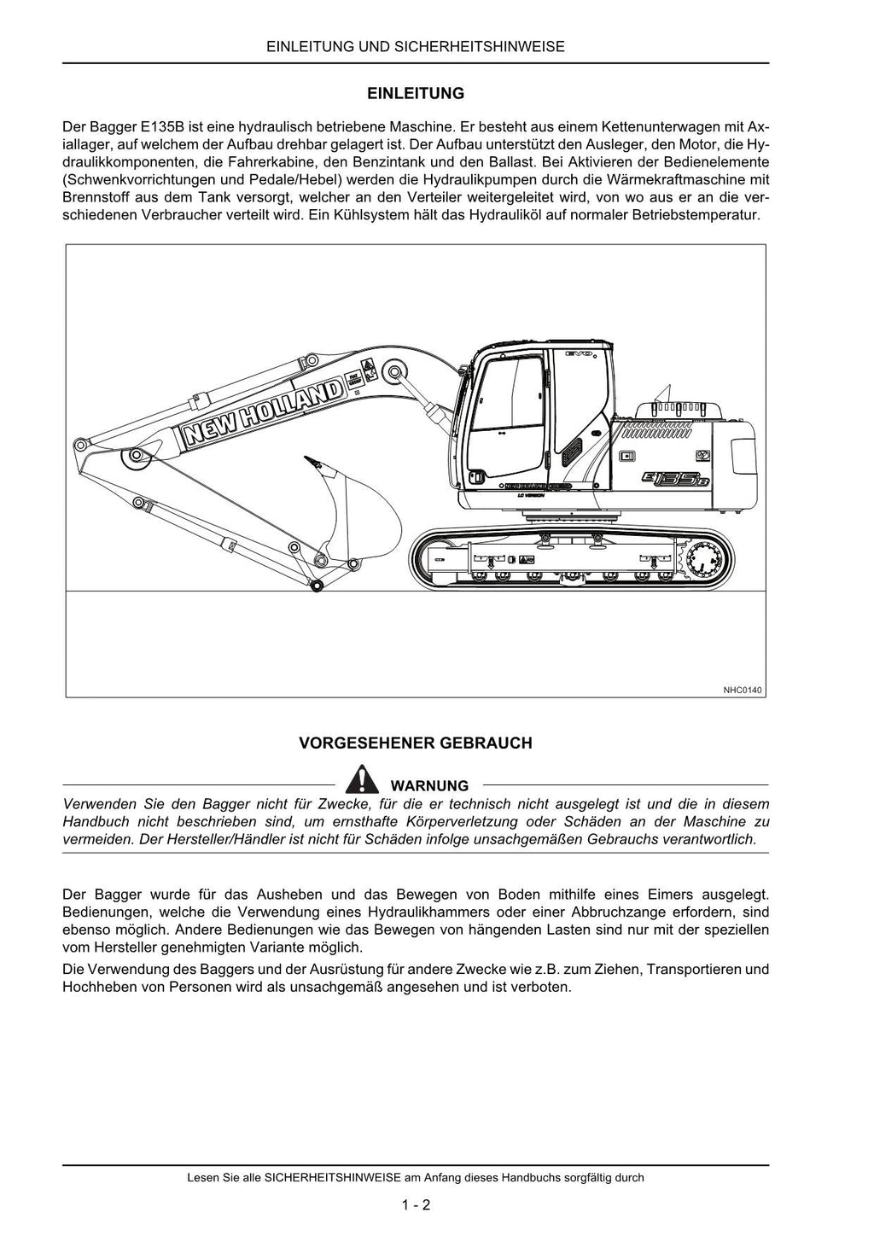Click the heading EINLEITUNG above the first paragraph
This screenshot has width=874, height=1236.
415,93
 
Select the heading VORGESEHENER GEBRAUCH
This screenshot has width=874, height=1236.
415,743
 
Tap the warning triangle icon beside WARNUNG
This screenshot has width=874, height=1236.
363,780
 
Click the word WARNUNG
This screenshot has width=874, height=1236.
429,785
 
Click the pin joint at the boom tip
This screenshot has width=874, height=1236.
81,445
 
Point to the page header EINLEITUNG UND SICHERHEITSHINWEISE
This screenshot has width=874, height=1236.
415,47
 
